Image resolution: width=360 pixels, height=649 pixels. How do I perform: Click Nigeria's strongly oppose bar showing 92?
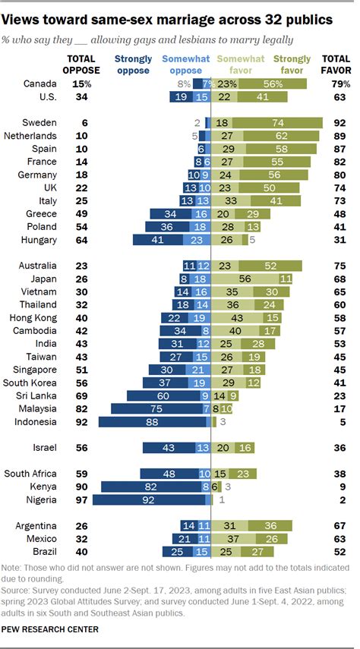pos(147,500)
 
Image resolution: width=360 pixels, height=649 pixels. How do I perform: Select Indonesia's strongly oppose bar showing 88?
pos(151,421)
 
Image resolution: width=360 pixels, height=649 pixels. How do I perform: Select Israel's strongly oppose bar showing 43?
pos(169,448)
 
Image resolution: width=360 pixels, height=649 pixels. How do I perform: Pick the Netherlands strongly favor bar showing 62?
pos(281,135)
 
